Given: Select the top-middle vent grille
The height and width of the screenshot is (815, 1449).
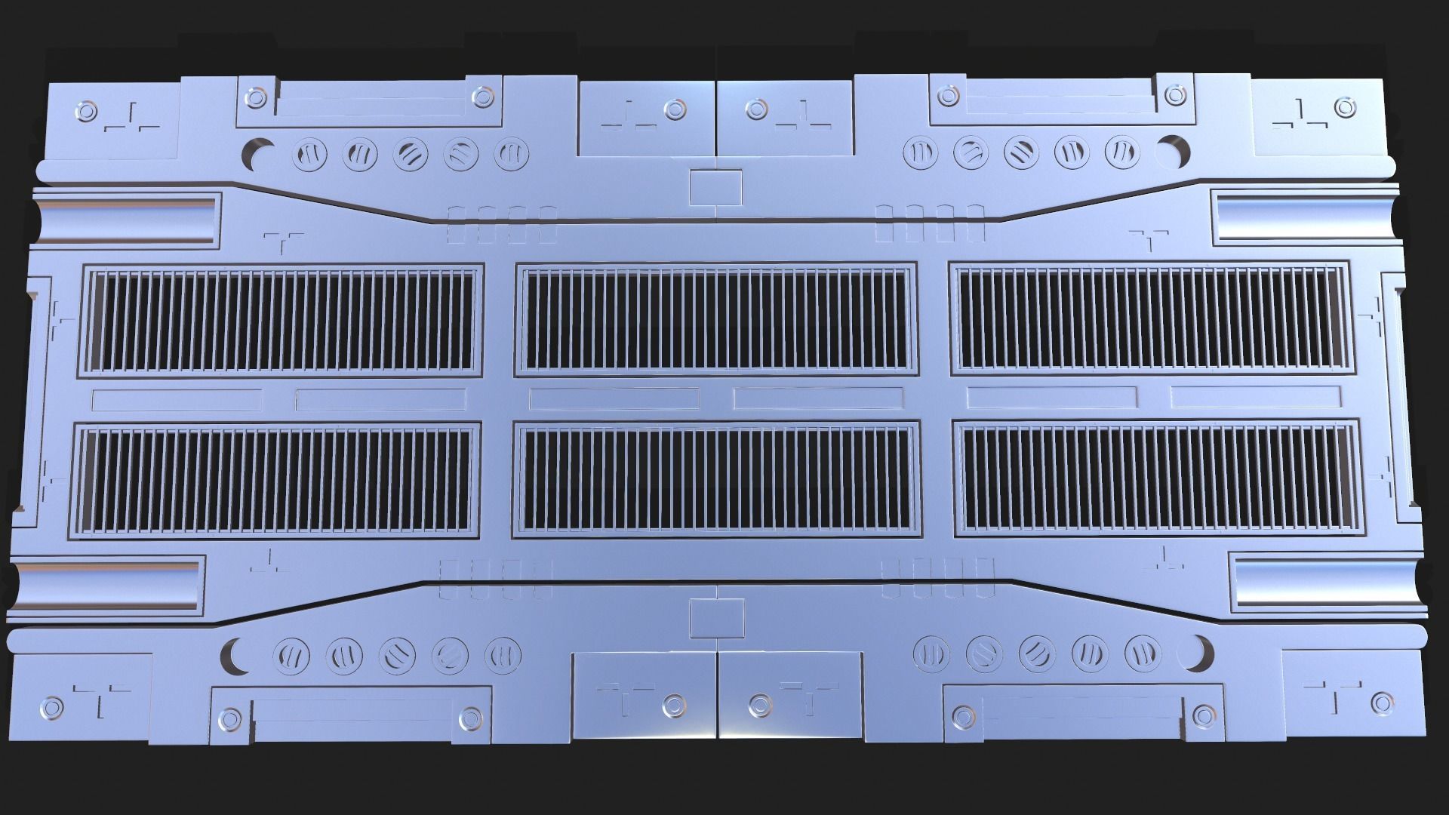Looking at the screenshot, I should coord(715,320).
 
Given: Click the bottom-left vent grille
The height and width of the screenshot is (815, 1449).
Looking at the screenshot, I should coord(277,481).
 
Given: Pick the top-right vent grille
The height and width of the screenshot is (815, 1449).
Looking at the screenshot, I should coord(1152,320).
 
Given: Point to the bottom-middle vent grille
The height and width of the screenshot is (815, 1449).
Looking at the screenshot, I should coord(715,481).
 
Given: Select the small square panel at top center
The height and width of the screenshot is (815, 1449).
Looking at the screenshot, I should coord(715,187).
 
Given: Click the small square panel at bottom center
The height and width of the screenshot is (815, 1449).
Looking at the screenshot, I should coord(716,618).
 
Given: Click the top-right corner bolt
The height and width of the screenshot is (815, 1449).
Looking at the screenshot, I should coord(1343,108).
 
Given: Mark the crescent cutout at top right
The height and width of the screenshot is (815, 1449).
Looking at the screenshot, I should coord(1177,150).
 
